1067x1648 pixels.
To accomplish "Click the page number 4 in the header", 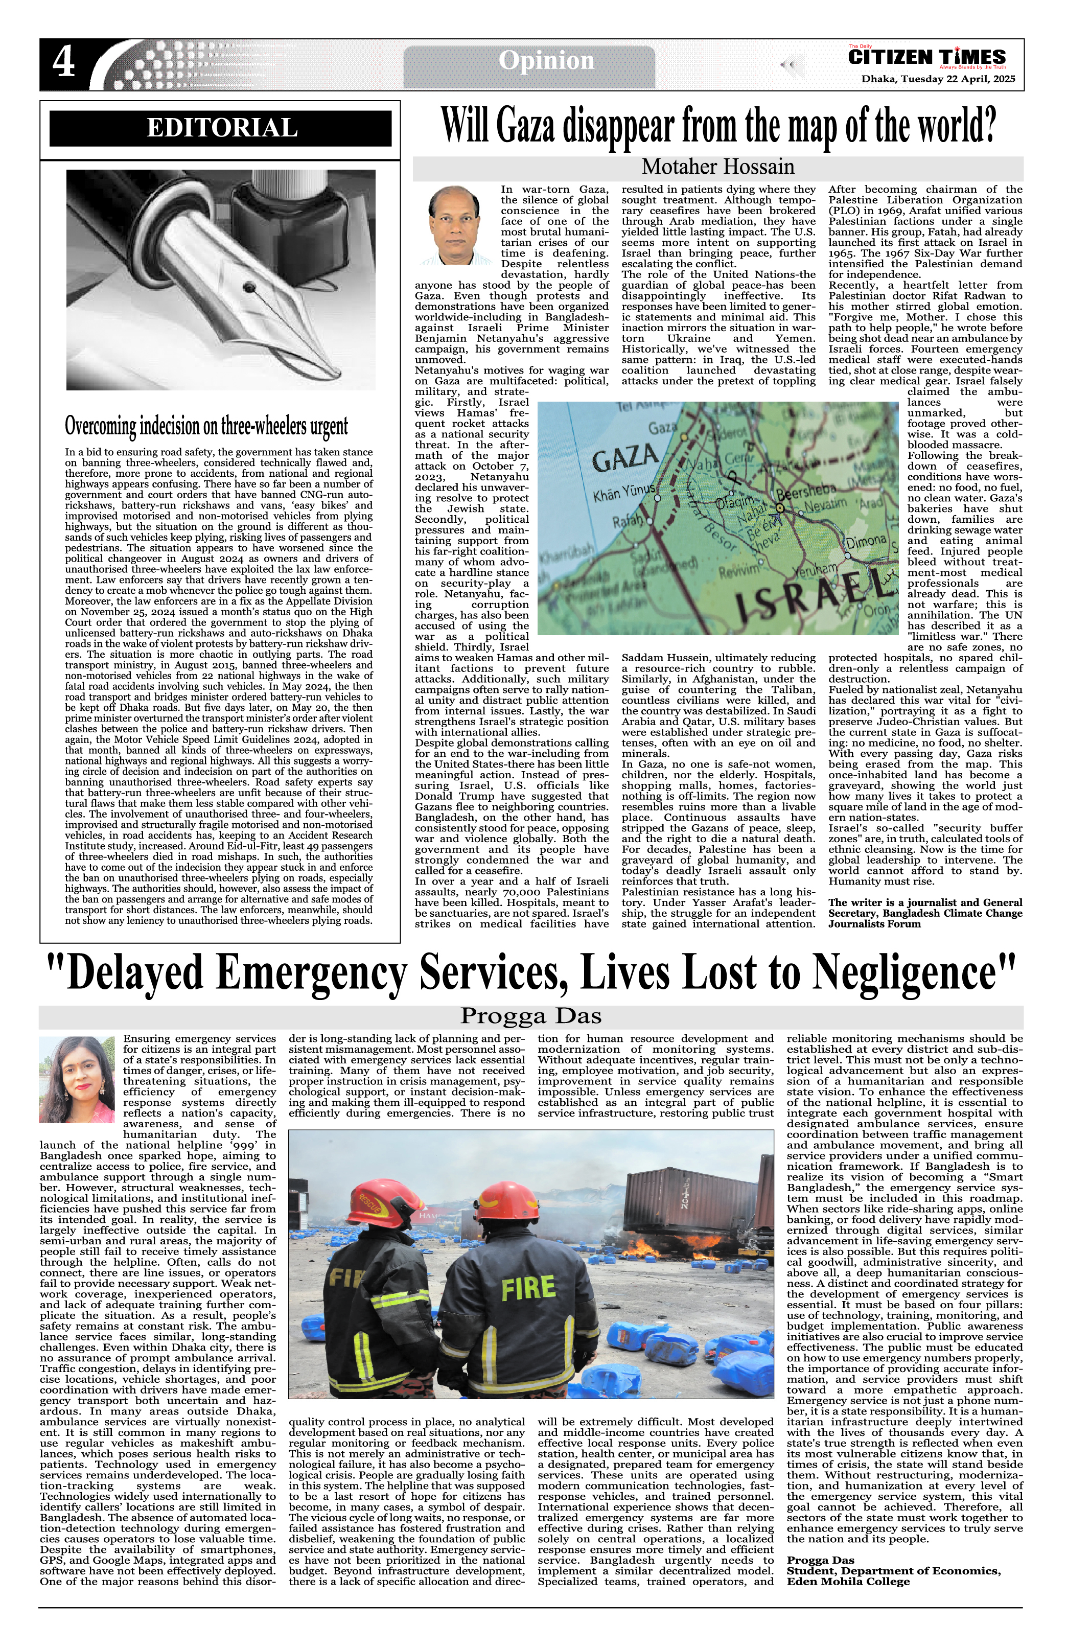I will click(x=64, y=64).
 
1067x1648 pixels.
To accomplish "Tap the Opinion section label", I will click(x=546, y=61).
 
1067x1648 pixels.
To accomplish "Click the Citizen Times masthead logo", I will click(x=926, y=57).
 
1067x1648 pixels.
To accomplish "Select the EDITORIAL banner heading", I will click(x=222, y=129).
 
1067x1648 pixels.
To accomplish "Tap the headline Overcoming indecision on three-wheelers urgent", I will click(x=206, y=425).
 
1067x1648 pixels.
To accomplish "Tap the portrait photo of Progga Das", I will click(x=76, y=1080).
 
